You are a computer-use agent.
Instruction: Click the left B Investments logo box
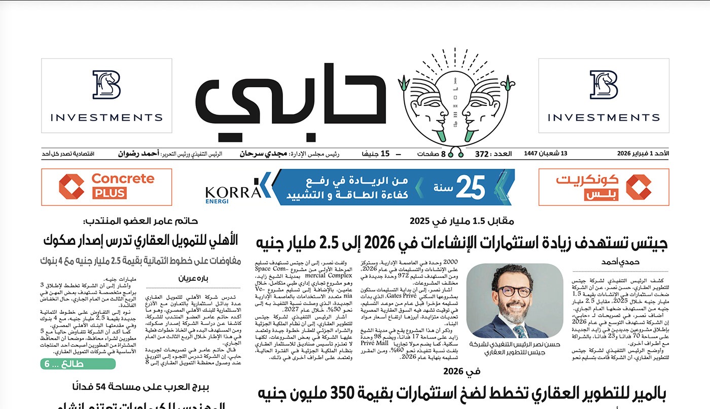106,95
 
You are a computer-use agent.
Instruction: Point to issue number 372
481,154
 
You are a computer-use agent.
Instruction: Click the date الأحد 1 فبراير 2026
643,154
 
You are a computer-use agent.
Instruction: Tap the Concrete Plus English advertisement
106,187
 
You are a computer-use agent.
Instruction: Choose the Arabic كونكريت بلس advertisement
603,187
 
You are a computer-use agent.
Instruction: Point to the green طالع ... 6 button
78,364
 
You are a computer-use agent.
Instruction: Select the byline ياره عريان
193,278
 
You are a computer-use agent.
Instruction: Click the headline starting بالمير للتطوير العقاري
461,394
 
